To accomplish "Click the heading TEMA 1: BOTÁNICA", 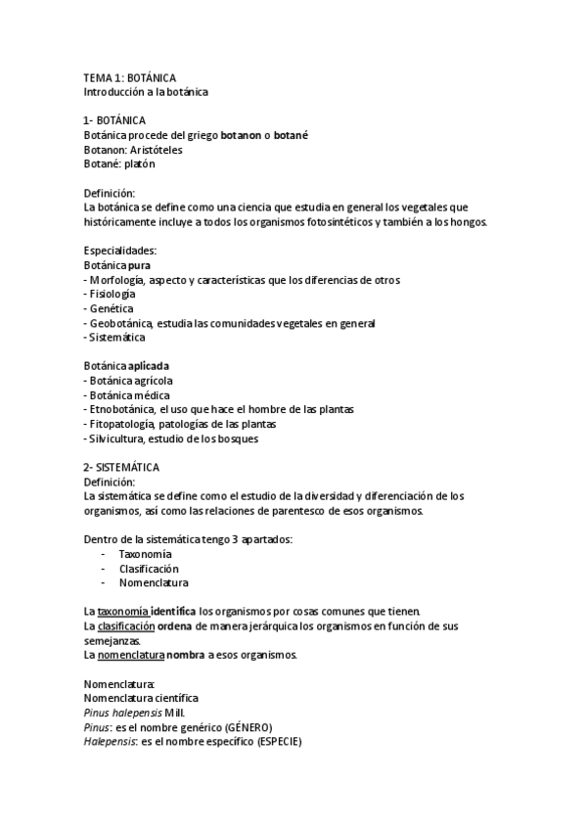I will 130,77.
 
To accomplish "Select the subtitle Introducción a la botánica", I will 147,92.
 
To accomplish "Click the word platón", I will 137,163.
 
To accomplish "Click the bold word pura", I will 139,265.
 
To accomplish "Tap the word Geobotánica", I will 121,323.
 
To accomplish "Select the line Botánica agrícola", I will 131,380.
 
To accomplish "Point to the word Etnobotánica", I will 121,408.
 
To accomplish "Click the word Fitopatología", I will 121,423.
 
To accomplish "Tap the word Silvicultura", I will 118,438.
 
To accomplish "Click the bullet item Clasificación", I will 149,568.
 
